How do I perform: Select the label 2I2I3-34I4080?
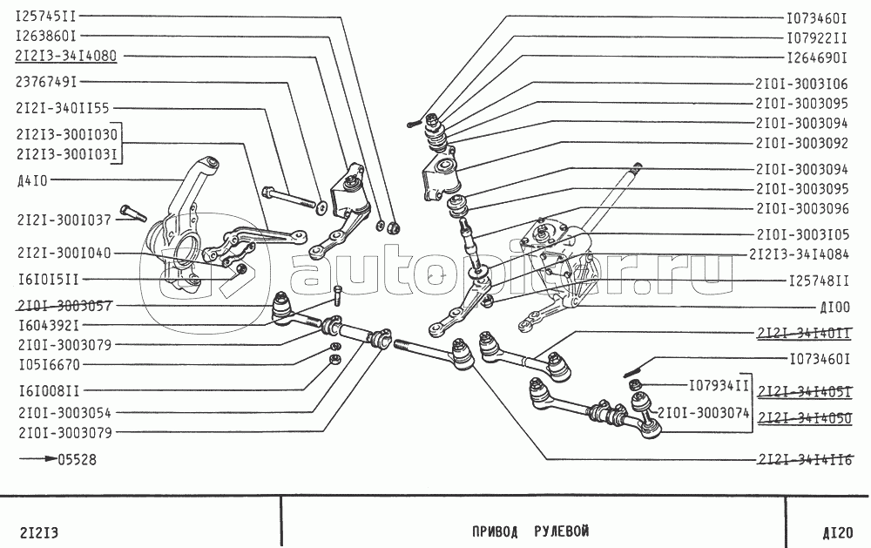pos(65,56)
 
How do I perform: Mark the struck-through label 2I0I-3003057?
pos(63,306)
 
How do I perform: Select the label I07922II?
pos(816,38)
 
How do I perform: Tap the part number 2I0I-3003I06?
pos(801,84)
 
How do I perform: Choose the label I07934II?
pos(719,384)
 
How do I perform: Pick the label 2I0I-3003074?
pos(703,413)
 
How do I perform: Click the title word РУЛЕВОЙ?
pos(562,531)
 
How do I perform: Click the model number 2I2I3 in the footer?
pos(38,532)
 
